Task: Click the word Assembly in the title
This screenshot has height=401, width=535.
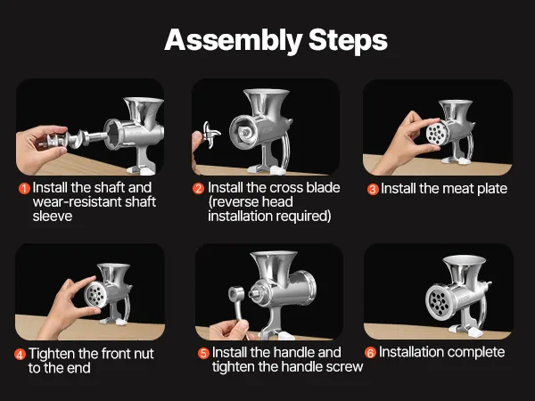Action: click(234, 41)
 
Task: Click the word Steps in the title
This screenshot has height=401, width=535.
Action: click(348, 40)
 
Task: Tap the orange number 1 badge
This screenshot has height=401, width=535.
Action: click(24, 188)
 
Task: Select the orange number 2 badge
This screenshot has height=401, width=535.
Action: click(198, 188)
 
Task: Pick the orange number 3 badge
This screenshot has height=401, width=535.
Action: click(373, 189)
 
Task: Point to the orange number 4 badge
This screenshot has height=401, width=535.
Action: click(21, 355)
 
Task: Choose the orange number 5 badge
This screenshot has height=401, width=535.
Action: click(203, 353)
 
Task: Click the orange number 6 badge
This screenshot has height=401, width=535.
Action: click(371, 353)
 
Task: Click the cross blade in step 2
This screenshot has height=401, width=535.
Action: click(210, 135)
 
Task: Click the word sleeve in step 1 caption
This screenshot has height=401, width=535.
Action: click(53, 217)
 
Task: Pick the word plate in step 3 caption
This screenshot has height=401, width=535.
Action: click(492, 189)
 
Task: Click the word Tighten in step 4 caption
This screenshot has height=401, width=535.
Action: click(53, 354)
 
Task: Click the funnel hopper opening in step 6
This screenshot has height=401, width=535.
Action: click(464, 260)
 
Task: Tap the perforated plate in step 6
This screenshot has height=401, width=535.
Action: click(439, 301)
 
